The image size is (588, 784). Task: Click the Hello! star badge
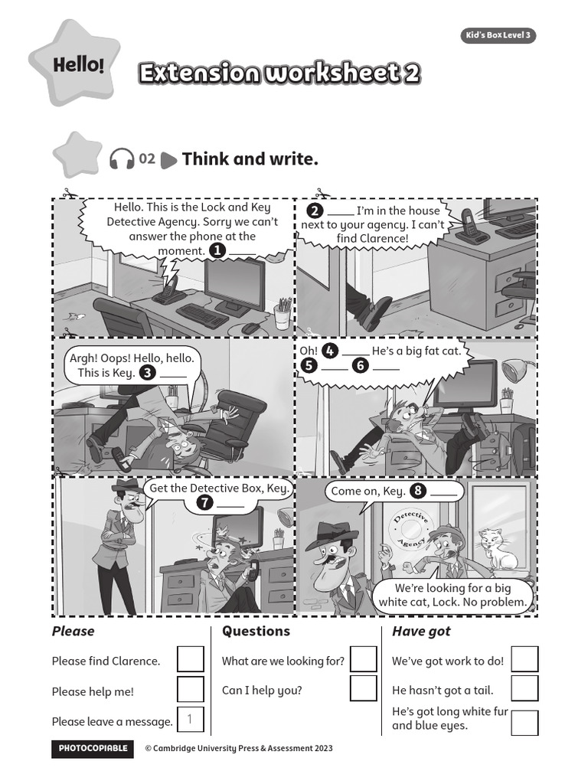[74, 64]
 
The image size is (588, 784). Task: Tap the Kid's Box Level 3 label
[498, 36]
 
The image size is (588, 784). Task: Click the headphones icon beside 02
[122, 158]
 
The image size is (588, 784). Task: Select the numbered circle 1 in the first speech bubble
[217, 250]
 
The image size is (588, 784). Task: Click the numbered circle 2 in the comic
[314, 211]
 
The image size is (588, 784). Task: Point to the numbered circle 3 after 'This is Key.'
[148, 373]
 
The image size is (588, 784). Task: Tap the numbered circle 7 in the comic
[204, 503]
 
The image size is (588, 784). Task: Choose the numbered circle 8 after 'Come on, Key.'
[418, 491]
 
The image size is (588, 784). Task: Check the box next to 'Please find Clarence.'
[191, 659]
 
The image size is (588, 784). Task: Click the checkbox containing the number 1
[191, 720]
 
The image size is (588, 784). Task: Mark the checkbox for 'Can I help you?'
[364, 688]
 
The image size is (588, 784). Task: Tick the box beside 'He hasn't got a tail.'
[524, 688]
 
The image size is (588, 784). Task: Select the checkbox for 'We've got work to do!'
[524, 659]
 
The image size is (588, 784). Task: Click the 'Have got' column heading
[421, 631]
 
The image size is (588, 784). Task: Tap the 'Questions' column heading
[256, 631]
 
